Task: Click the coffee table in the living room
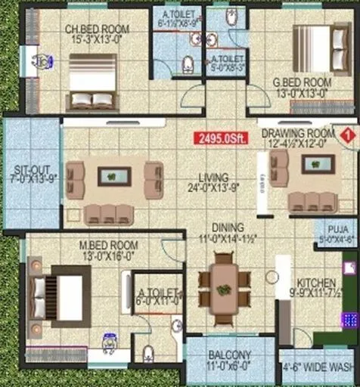[x=114, y=176]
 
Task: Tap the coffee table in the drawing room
[x=318, y=164]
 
